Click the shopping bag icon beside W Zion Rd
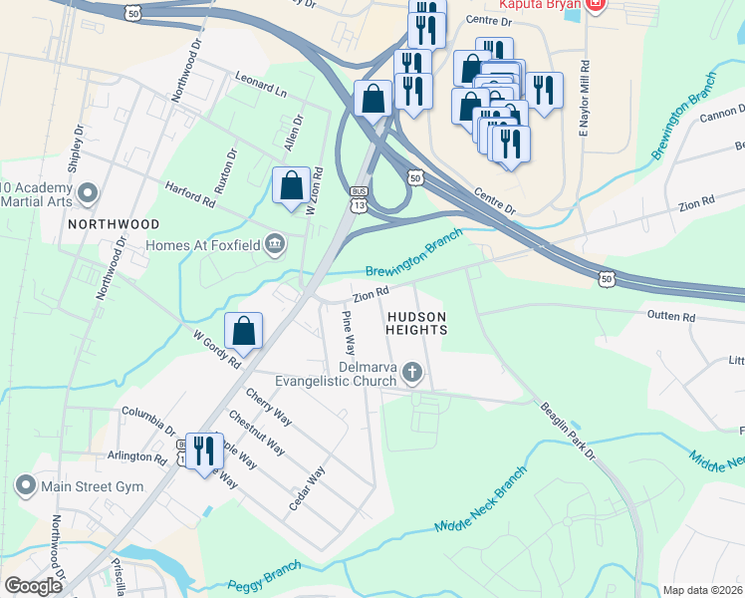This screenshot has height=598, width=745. (290, 185)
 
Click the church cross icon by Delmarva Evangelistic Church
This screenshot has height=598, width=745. (413, 374)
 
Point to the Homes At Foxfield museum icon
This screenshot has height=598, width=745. (276, 244)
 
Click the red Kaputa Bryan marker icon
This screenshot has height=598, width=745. (596, 5)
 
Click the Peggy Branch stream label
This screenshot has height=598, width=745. (263, 588)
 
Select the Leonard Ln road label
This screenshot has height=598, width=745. (261, 84)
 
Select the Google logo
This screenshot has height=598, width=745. (33, 586)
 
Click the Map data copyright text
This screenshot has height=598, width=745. (702, 590)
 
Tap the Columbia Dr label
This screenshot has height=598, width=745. (148, 413)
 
